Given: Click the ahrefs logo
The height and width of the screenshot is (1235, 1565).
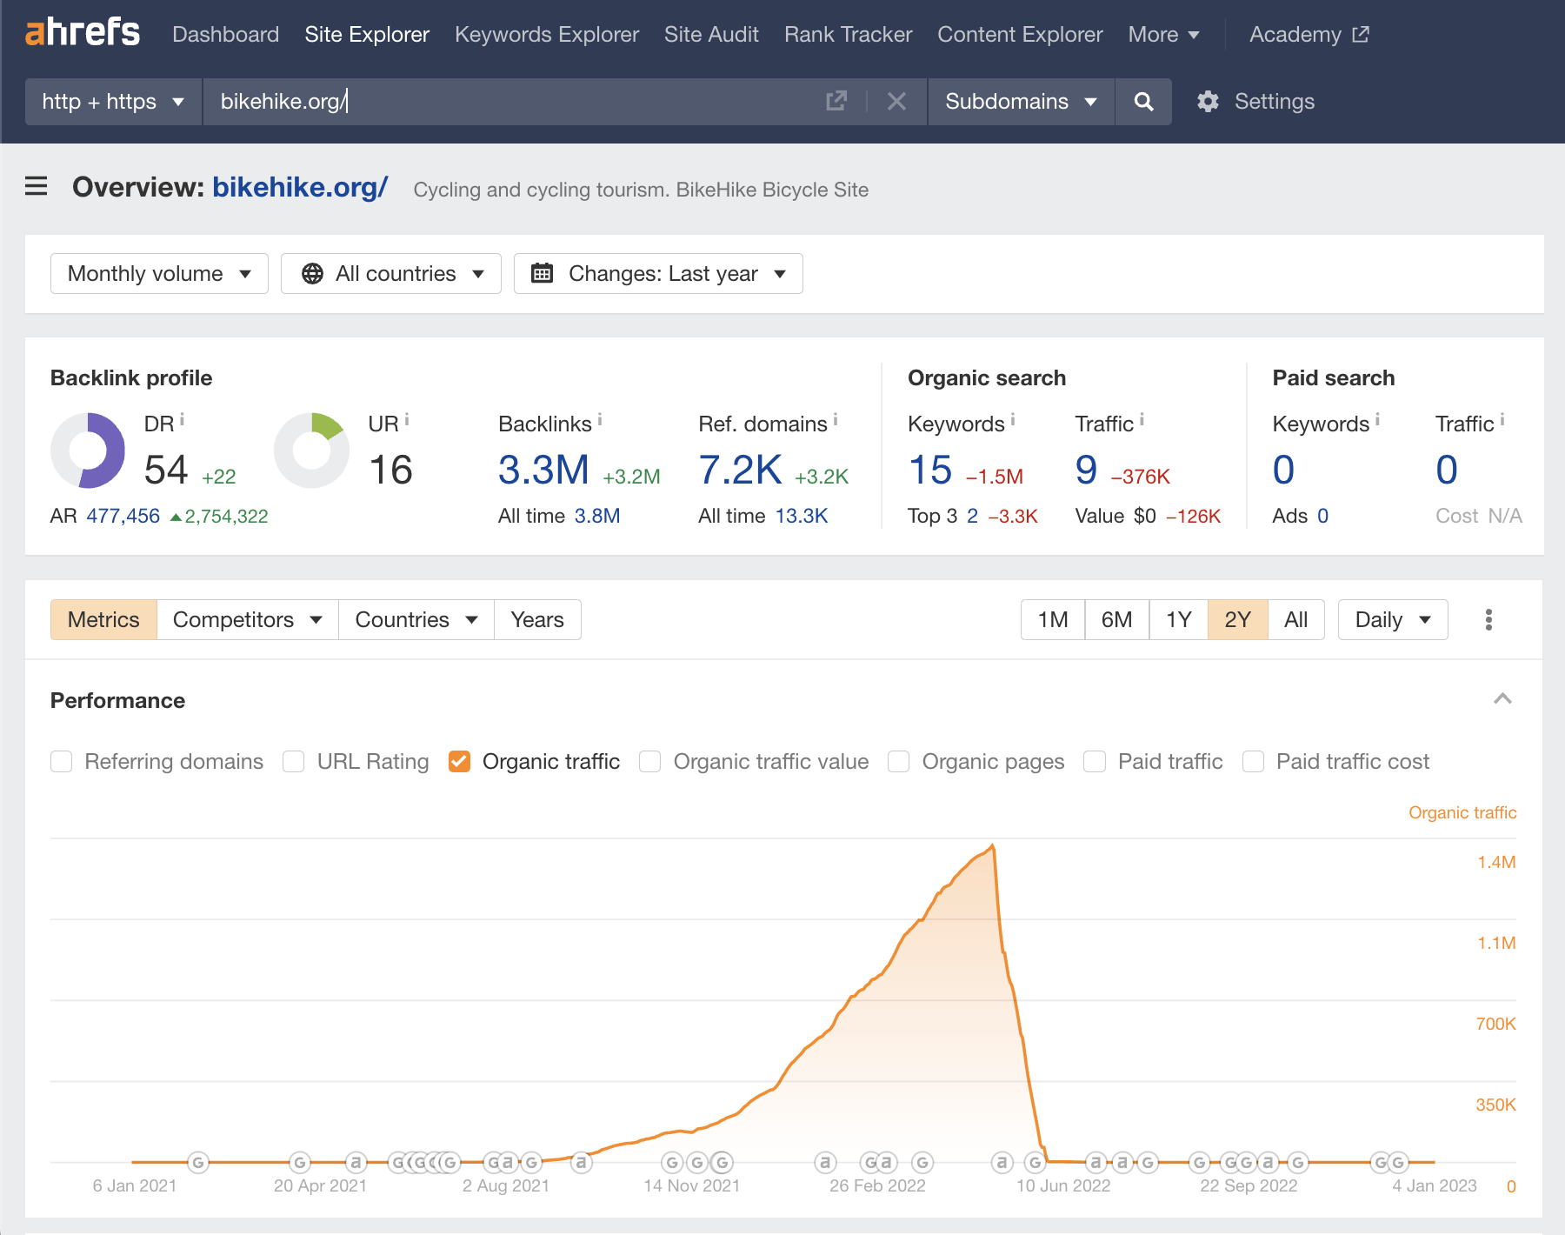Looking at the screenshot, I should [x=83, y=33].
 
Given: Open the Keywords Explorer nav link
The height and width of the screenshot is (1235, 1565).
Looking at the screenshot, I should [x=546, y=35].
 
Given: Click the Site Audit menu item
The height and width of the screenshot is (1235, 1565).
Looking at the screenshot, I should [x=711, y=35].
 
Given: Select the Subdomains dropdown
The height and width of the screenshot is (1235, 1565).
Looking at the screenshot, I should [x=1021, y=102].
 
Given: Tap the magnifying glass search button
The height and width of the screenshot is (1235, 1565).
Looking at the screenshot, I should [x=1143, y=102].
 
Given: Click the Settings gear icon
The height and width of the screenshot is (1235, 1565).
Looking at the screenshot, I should [x=1208, y=102].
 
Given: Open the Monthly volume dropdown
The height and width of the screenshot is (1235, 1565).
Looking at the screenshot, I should [x=159, y=274].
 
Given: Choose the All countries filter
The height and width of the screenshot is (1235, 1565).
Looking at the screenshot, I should [x=391, y=274].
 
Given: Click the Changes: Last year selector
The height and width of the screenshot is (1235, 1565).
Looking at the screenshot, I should [x=658, y=274].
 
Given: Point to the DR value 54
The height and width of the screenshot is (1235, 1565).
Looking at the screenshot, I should [x=166, y=471].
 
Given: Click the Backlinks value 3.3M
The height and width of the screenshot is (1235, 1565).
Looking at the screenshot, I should [x=543, y=471].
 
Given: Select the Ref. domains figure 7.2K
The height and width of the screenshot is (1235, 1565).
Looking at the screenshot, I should [x=740, y=471].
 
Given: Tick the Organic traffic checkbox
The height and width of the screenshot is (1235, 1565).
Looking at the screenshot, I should [x=459, y=762].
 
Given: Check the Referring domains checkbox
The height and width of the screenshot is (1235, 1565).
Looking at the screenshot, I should [x=62, y=762].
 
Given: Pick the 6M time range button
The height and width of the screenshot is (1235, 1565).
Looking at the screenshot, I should [x=1116, y=620].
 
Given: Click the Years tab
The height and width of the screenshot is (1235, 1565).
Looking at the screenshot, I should [x=537, y=620].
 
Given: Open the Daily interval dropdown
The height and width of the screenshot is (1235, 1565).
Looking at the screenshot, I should [x=1392, y=620].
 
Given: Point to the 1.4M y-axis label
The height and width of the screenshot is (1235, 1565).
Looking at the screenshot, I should [x=1495, y=862].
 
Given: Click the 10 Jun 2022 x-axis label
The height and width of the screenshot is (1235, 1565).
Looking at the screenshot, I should [x=1063, y=1185].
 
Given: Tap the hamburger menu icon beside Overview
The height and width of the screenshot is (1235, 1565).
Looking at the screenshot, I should [x=37, y=186].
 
